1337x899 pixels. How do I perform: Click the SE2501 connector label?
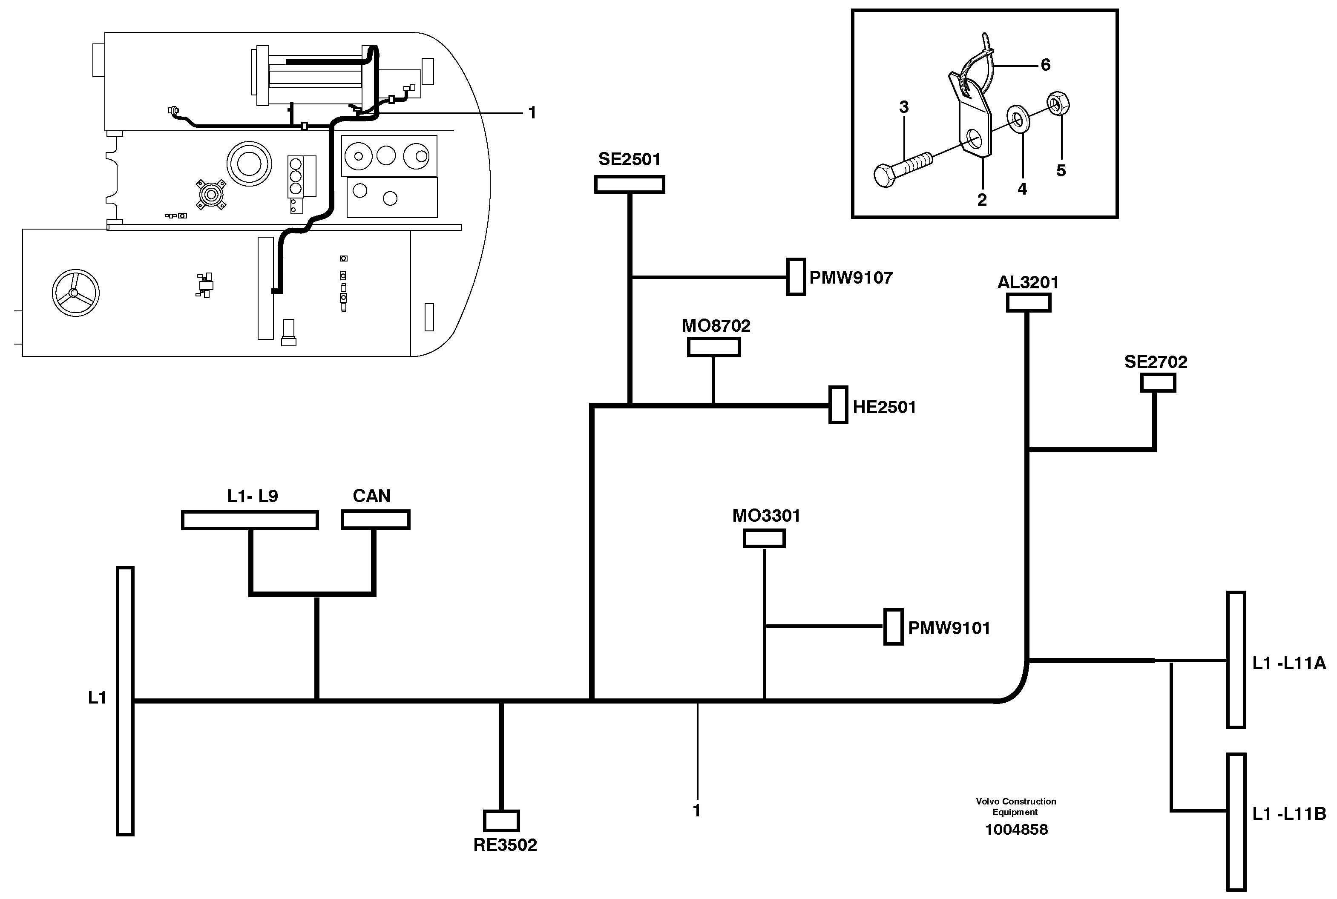coord(629,159)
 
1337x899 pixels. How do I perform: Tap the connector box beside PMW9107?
coord(796,277)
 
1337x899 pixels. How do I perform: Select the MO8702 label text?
coord(716,326)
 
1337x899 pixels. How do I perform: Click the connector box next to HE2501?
coord(838,405)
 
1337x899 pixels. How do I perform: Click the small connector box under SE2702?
coord(1158,382)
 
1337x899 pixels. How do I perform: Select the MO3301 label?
coord(766,515)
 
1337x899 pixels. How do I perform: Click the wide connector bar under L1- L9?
coord(250,520)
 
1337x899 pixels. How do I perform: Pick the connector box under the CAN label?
coord(376,520)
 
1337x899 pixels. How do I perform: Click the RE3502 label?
coord(505,845)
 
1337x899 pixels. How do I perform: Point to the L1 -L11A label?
coord(1289,663)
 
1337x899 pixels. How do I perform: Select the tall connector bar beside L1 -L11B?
coord(1236,822)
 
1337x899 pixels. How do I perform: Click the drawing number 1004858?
coord(1016,830)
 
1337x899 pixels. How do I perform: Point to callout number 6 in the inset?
coord(1045,65)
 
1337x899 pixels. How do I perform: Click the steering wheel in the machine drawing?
coord(75,293)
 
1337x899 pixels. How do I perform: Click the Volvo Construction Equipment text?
coord(1016,806)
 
